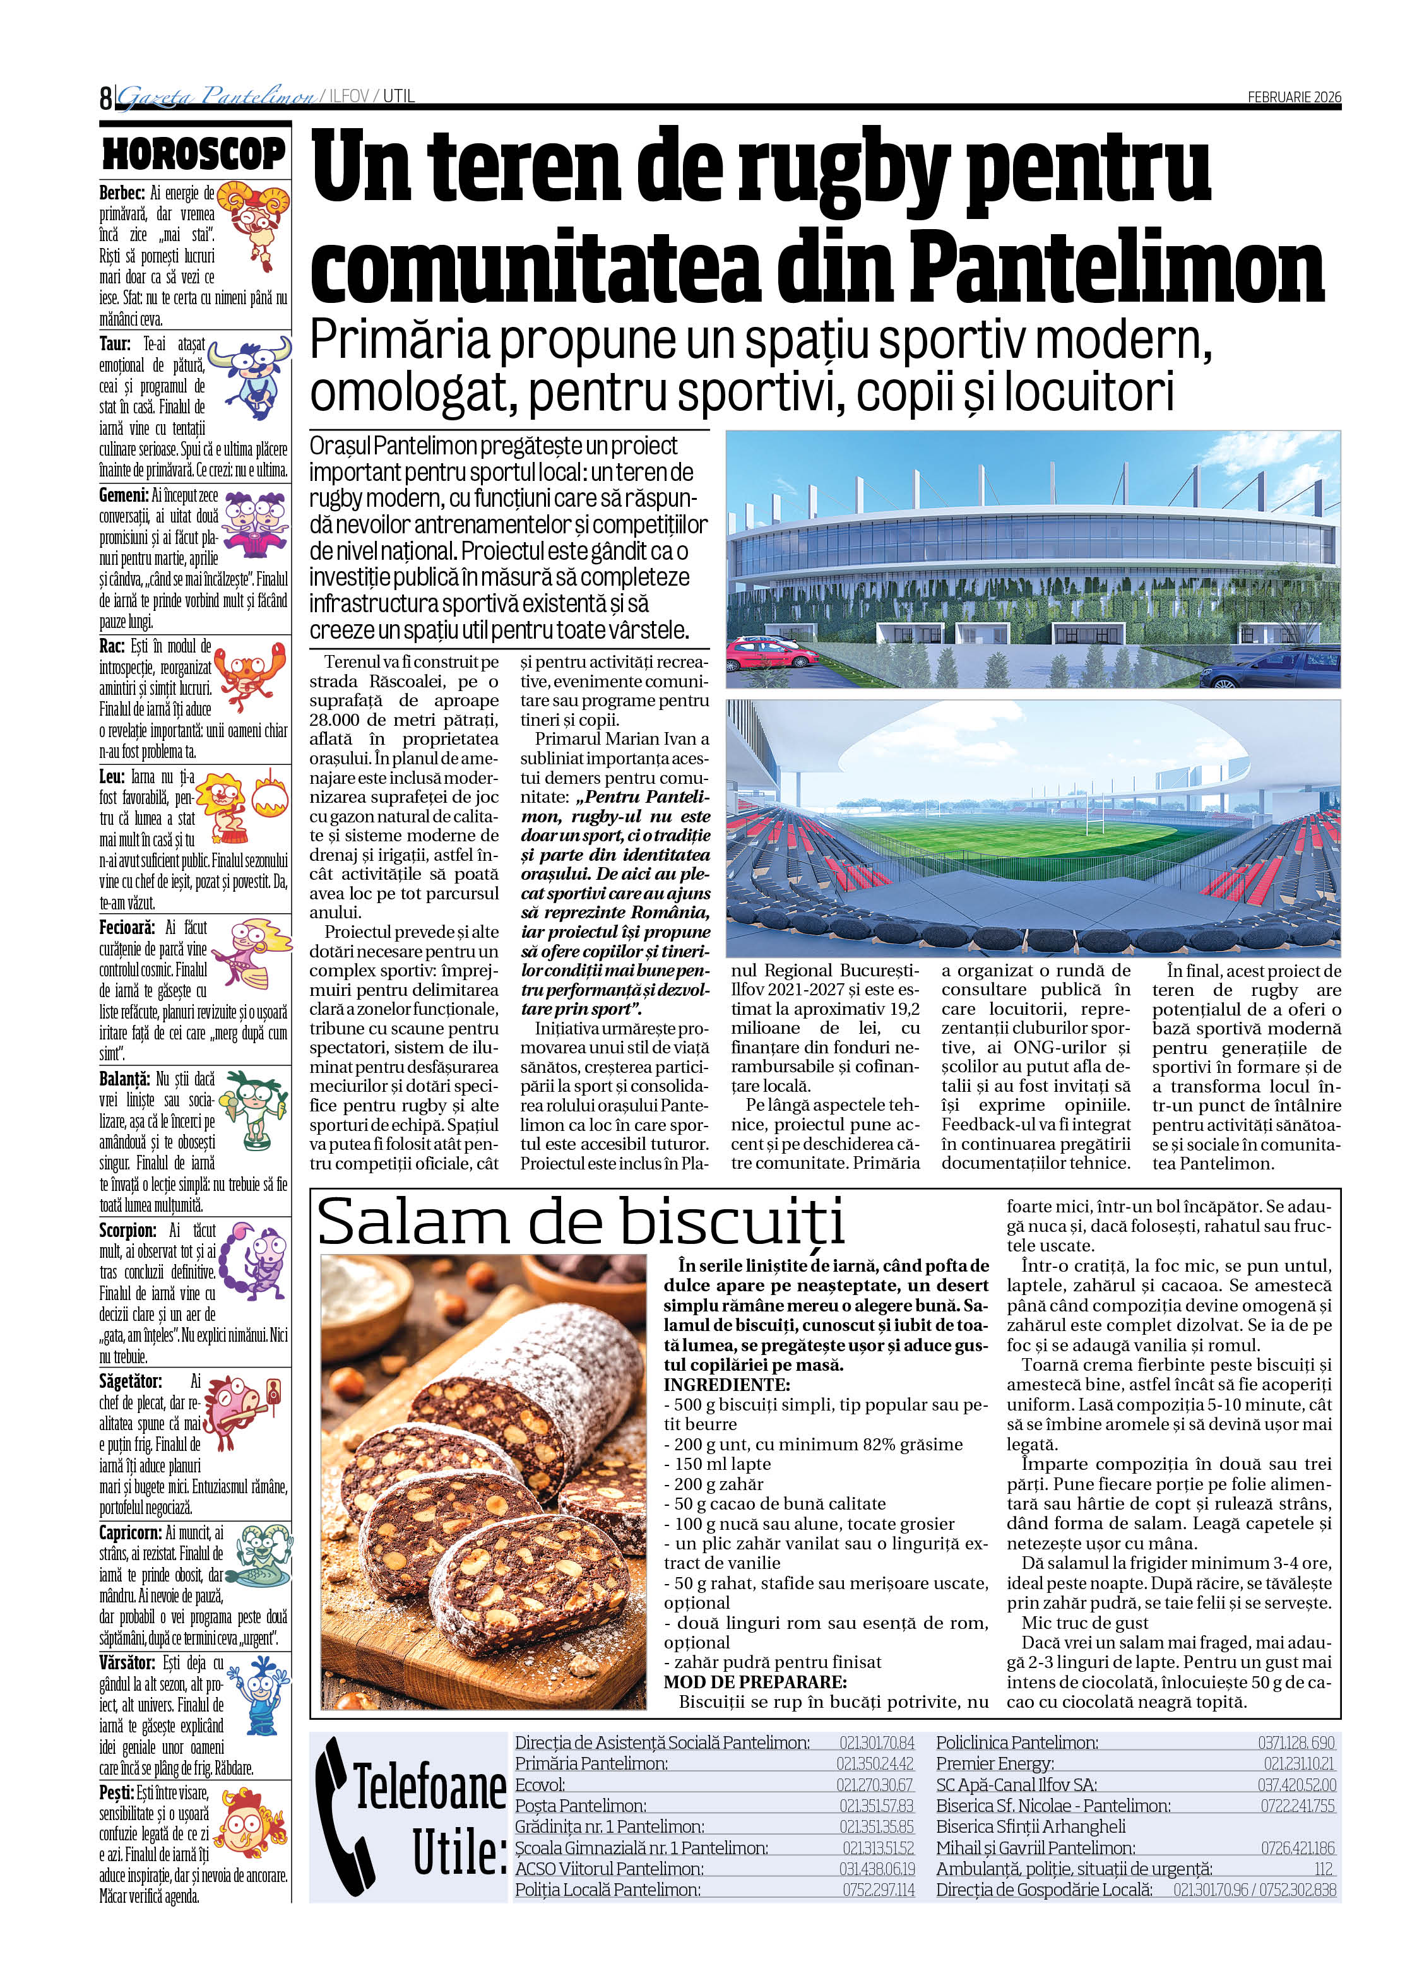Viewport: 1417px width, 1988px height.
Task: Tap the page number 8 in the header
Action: click(x=105, y=97)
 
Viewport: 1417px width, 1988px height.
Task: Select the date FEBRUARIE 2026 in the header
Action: click(x=1293, y=97)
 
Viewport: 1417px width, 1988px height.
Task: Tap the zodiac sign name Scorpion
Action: click(x=127, y=1231)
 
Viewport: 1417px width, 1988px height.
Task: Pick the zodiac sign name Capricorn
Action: click(x=129, y=1532)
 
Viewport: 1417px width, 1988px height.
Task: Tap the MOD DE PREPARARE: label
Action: click(x=755, y=1682)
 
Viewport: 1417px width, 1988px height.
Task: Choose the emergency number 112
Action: click(x=1324, y=1869)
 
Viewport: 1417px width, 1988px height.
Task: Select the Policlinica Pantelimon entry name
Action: click(x=1016, y=1743)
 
